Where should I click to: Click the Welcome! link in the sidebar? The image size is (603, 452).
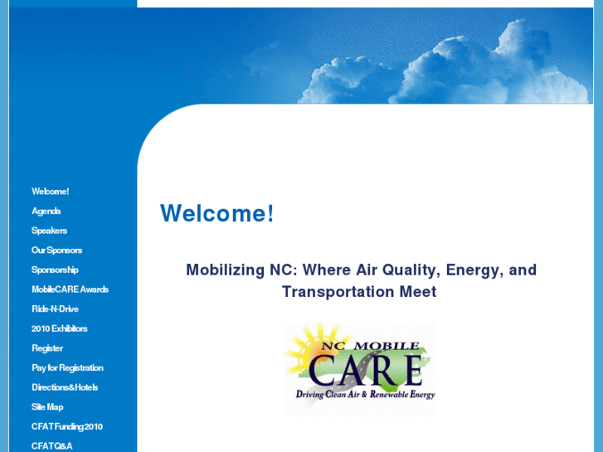[50, 192]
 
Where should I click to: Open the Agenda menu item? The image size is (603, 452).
[46, 211]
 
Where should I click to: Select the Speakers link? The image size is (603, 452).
[49, 231]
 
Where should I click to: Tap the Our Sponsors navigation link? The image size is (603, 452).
[56, 250]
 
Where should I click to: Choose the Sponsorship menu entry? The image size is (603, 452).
[55, 270]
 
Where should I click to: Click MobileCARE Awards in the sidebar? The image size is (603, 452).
[70, 289]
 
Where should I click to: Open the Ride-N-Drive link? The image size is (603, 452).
[55, 309]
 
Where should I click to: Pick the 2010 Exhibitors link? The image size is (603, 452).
[59, 328]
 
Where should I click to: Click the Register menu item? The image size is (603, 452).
[47, 348]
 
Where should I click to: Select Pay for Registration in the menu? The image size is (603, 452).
[67, 367]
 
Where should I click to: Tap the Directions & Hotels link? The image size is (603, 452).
[65, 387]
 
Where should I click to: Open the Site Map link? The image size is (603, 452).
[47, 407]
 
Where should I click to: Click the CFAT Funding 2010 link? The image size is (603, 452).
[67, 426]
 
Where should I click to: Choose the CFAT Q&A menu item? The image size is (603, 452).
[52, 446]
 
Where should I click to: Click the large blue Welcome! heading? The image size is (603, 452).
[216, 214]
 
